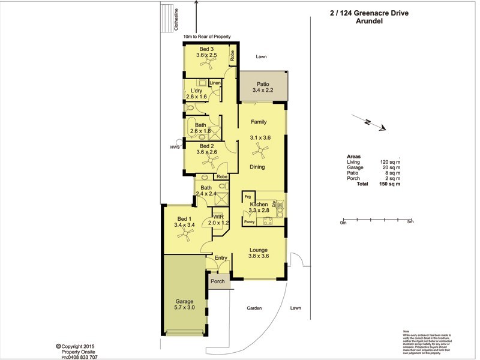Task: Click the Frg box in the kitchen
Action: (247, 197)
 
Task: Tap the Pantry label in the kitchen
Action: (250, 222)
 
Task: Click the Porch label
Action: (217, 281)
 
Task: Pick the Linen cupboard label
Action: (214, 83)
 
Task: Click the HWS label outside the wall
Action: (175, 147)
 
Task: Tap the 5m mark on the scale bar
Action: (410, 222)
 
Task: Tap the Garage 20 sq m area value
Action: (390, 168)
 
